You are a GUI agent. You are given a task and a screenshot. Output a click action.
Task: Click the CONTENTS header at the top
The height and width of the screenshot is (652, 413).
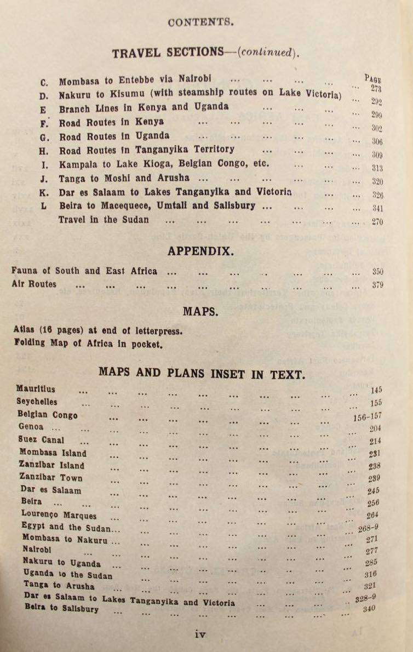click(201, 22)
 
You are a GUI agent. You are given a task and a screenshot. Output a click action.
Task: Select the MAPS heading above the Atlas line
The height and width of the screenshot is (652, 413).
click(201, 312)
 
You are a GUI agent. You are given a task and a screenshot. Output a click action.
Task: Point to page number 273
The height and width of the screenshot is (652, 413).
click(376, 89)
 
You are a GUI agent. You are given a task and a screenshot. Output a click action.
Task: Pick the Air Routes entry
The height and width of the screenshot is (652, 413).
click(33, 284)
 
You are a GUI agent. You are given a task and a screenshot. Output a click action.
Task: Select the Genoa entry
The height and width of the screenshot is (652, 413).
click(31, 427)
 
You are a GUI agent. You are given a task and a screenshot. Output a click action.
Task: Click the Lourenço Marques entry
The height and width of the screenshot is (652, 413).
click(59, 515)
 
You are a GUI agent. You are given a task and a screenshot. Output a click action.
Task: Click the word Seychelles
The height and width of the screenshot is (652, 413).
click(37, 401)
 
